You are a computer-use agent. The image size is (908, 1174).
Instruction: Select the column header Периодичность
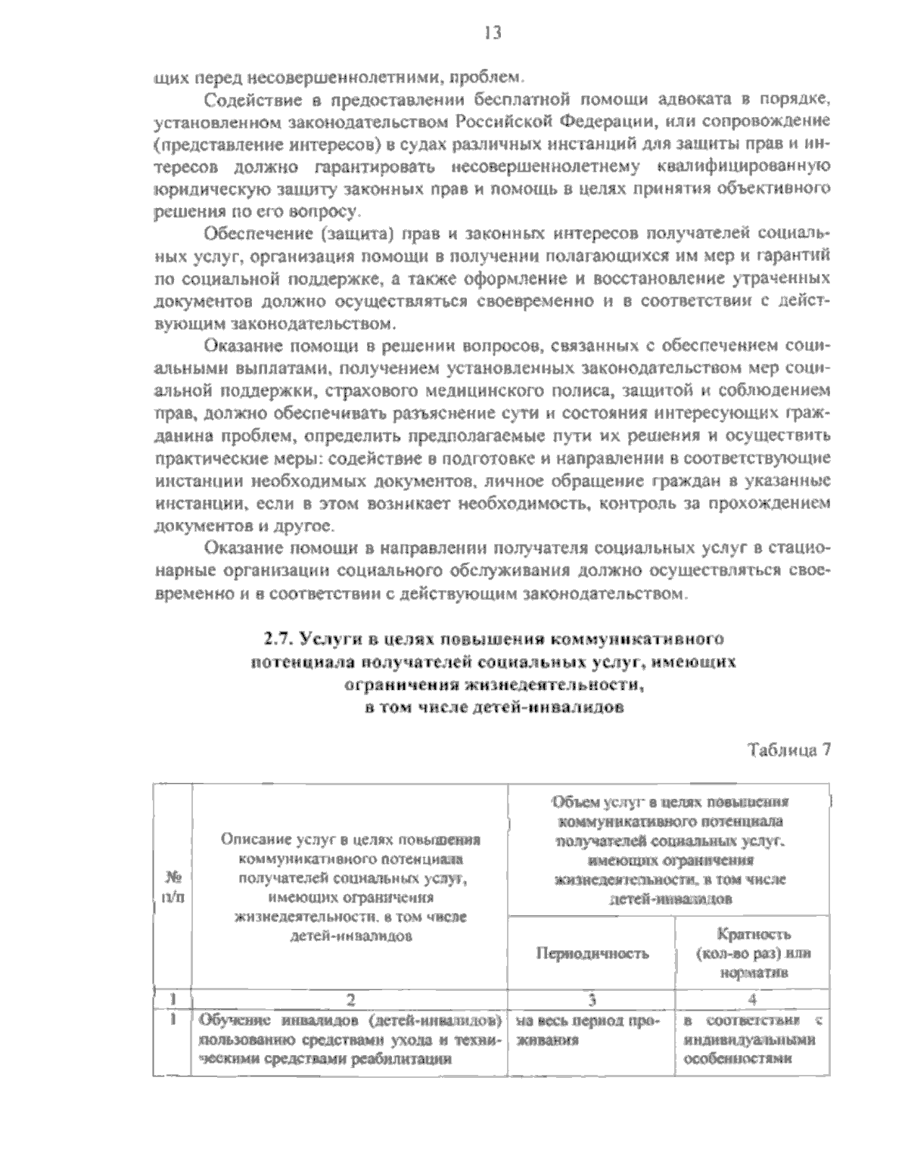click(592, 953)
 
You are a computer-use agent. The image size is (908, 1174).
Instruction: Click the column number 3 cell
click(592, 999)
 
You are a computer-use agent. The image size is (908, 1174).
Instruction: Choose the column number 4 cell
click(752, 999)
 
